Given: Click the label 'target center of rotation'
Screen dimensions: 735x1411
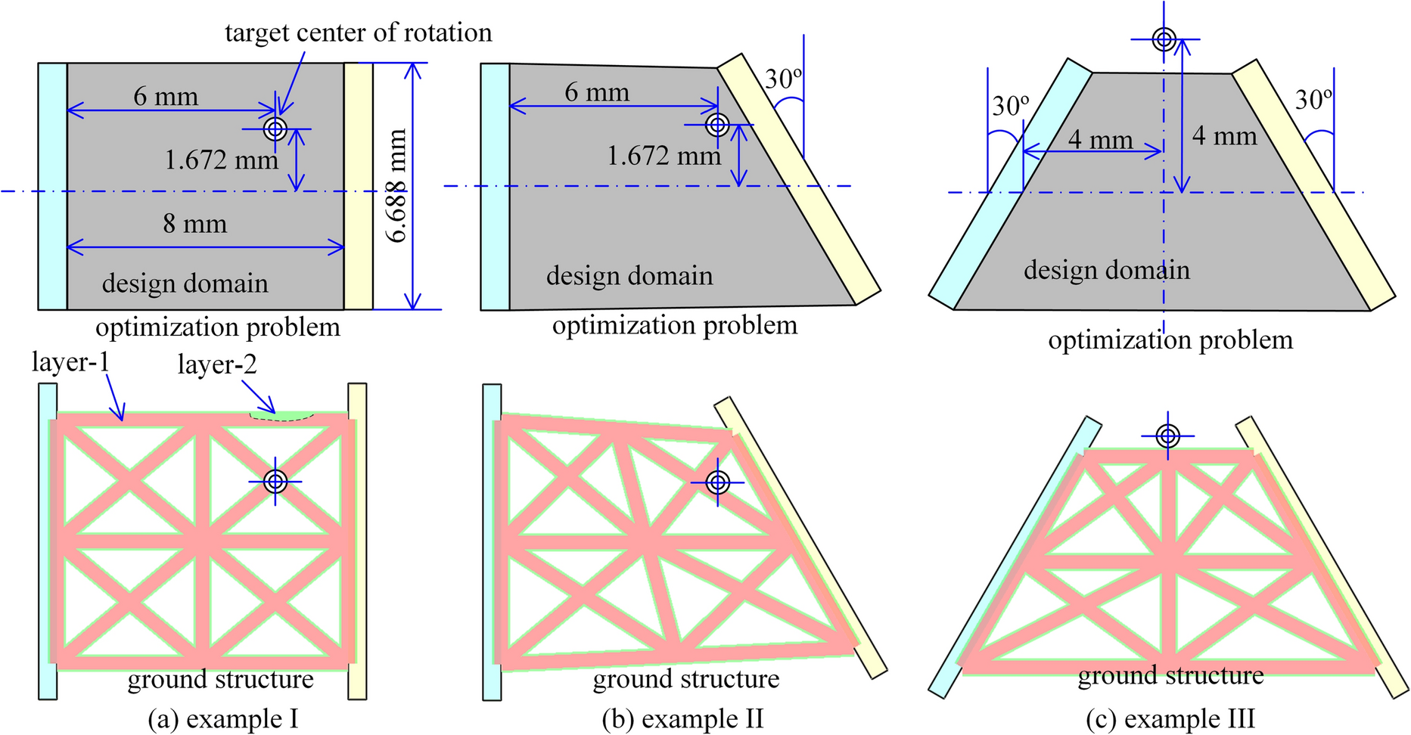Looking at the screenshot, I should click(x=358, y=33).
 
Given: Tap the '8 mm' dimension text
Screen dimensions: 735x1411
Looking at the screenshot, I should click(x=194, y=224).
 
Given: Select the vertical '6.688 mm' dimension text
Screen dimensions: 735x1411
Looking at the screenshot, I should click(x=396, y=186).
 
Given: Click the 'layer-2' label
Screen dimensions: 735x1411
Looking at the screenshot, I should click(x=217, y=364).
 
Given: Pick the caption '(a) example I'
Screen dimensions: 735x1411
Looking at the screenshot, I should click(x=223, y=718).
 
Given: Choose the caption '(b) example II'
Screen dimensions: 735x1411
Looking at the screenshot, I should click(x=682, y=718).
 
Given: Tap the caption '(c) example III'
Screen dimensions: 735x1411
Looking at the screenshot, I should click(x=1170, y=718).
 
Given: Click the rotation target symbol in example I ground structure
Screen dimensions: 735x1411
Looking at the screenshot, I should click(x=275, y=481).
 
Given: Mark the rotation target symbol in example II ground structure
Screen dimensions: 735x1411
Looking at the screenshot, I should click(x=718, y=482).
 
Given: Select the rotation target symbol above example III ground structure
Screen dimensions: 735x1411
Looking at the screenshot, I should click(x=1168, y=436).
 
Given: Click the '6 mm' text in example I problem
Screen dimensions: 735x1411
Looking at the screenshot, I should click(x=166, y=96).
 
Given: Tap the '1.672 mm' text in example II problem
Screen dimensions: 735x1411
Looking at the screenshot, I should click(x=664, y=156).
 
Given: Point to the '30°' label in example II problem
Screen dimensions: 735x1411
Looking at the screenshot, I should click(x=783, y=79).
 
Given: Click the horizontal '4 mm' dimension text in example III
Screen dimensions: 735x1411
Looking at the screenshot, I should click(x=1100, y=140).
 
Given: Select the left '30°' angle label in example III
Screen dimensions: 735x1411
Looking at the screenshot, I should click(x=1011, y=106).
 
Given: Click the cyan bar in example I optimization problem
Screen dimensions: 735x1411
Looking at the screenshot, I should click(x=52, y=186).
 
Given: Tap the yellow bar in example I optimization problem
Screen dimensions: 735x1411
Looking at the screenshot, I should click(x=358, y=186).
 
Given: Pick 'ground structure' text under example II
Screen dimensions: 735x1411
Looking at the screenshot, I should click(x=685, y=679).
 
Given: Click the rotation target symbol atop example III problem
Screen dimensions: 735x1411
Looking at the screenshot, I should click(x=1164, y=39).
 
